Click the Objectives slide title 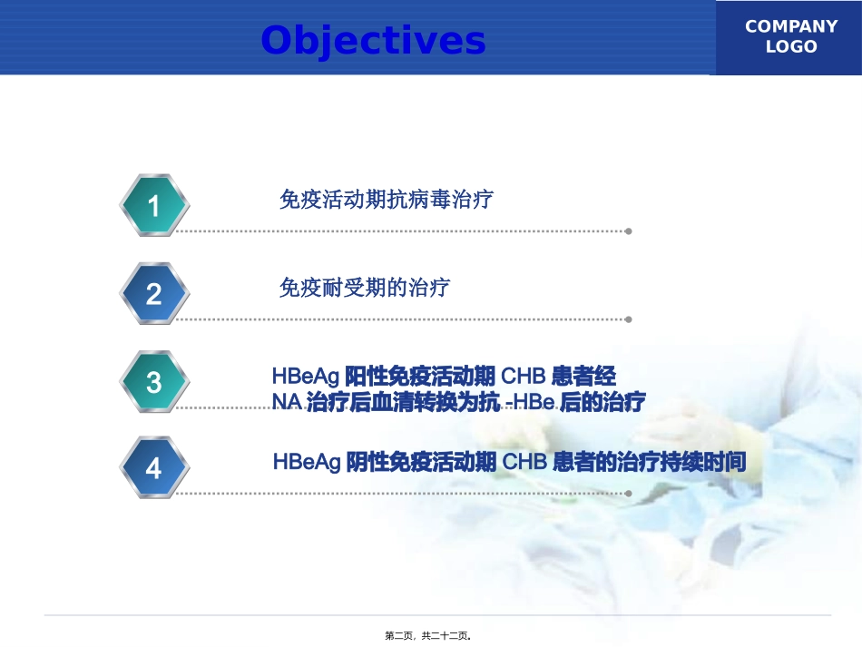[x=373, y=41]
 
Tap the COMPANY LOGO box [x=790, y=38]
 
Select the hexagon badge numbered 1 [x=154, y=206]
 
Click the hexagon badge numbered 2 [x=154, y=293]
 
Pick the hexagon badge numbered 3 [x=154, y=381]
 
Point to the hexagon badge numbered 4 [x=154, y=467]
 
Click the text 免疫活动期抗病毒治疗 [x=387, y=200]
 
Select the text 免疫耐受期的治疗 [x=365, y=289]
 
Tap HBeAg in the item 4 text [x=307, y=463]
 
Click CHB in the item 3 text [x=524, y=376]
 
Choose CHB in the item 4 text [x=524, y=463]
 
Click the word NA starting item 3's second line [x=287, y=403]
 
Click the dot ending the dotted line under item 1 [x=628, y=231]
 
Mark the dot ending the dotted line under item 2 [x=628, y=319]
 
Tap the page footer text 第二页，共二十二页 [x=431, y=636]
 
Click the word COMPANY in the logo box [x=790, y=27]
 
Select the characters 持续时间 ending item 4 [x=713, y=463]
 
